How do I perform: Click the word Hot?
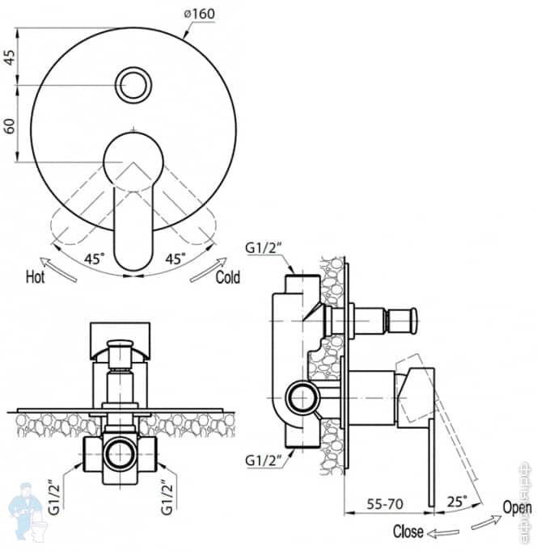click(35, 277)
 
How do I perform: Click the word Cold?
click(228, 277)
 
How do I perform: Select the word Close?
click(408, 532)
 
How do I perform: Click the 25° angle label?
click(456, 503)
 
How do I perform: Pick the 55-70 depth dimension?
click(387, 503)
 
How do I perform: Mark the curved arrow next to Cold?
click(208, 269)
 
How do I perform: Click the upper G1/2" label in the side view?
click(268, 246)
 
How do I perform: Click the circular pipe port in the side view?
click(303, 400)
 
